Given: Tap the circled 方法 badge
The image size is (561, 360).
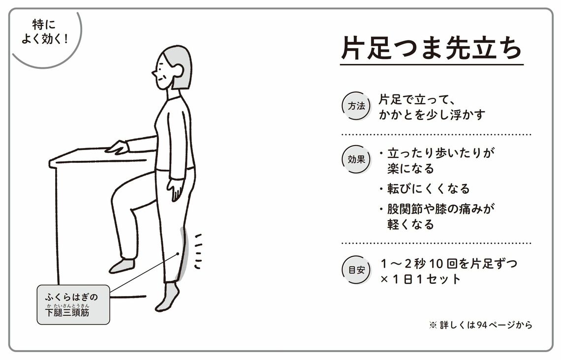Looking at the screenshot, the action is pyautogui.click(x=356, y=106).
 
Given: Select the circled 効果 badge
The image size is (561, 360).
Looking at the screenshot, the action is pyautogui.click(x=356, y=159).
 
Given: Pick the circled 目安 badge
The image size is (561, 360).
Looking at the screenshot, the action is pyautogui.click(x=356, y=270).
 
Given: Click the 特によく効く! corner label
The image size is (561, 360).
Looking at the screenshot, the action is pyautogui.click(x=44, y=31).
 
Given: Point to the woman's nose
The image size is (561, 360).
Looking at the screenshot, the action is pyautogui.click(x=154, y=74).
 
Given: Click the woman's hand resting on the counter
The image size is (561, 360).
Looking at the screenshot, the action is pyautogui.click(x=117, y=147).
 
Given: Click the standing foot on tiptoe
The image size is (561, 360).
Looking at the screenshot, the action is pyautogui.click(x=167, y=297).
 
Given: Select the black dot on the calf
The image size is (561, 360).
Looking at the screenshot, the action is pyautogui.click(x=177, y=254).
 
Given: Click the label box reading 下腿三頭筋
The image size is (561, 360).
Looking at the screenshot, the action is pyautogui.click(x=73, y=304).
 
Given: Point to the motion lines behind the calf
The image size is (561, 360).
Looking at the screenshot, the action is pyautogui.click(x=198, y=251).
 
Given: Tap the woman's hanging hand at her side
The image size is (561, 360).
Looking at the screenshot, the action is pyautogui.click(x=176, y=189).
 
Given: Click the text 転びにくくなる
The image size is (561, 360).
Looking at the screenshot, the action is pyautogui.click(x=428, y=188).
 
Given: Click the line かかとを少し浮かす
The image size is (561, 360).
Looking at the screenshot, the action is pyautogui.click(x=432, y=115).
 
